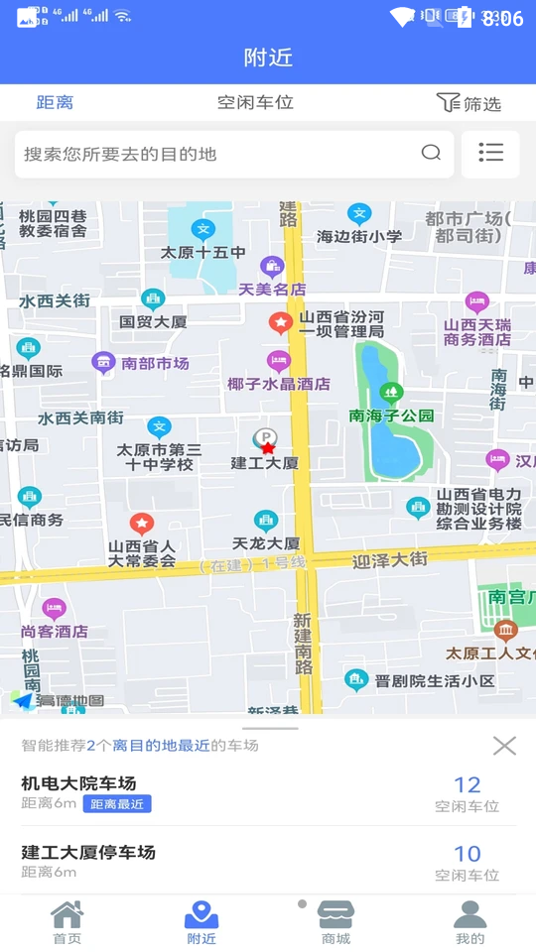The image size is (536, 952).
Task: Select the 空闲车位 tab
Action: point(255,102)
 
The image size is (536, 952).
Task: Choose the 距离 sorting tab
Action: point(55,102)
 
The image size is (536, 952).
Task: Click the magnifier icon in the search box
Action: point(431,153)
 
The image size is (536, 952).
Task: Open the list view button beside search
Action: point(490,153)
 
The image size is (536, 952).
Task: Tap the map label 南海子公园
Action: point(391,415)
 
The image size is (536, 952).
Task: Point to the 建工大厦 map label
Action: point(264,463)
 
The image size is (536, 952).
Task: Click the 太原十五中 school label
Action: point(202,253)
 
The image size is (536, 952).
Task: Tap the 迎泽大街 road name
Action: point(390,560)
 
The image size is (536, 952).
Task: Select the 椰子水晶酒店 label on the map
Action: point(279,384)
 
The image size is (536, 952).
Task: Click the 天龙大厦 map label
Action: point(265,543)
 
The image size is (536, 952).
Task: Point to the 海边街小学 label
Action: point(359,236)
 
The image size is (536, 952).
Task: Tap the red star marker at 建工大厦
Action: point(267,448)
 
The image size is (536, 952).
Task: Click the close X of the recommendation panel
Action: point(504,746)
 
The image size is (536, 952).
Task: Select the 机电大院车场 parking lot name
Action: point(78,783)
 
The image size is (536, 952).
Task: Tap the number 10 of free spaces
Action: point(467,854)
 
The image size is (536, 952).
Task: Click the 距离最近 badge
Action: point(117,804)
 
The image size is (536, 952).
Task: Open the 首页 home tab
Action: point(67,922)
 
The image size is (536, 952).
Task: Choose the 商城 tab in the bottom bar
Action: point(335,922)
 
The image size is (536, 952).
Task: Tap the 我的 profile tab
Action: point(469,922)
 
